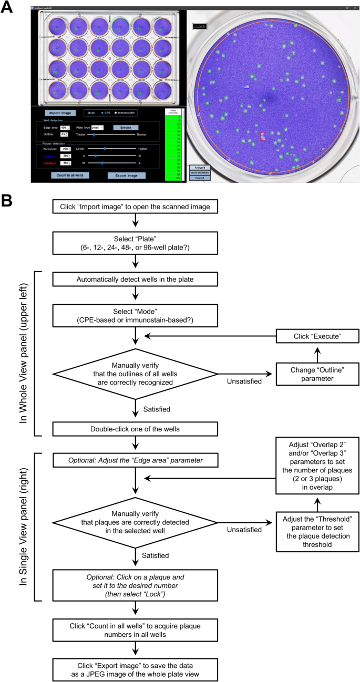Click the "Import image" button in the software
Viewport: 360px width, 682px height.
point(60,112)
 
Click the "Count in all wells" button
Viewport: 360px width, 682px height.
point(70,175)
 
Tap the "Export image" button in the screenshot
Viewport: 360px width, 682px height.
point(126,175)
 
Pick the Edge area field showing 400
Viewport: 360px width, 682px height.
point(64,128)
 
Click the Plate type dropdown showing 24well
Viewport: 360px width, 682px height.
point(97,128)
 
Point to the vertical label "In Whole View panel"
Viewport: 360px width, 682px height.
point(23,353)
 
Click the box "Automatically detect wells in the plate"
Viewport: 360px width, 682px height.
point(136,278)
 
